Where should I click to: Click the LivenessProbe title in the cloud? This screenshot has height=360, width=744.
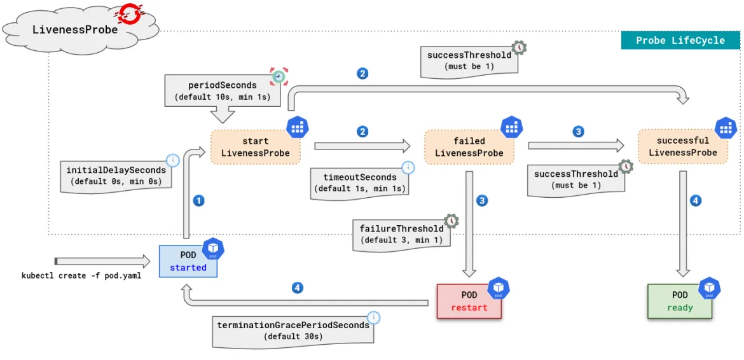pos(75,29)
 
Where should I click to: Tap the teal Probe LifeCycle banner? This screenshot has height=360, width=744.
pos(680,40)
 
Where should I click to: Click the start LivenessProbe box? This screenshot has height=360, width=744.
pos(255,146)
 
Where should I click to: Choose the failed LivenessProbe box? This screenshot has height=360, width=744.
pos(469,146)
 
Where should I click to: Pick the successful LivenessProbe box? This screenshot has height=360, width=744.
pos(683,146)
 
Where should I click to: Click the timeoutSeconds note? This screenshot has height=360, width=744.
pos(360,183)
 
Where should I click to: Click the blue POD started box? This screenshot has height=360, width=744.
pos(188,261)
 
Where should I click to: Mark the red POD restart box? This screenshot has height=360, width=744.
pos(469,301)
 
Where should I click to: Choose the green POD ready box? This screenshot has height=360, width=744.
pos(680,301)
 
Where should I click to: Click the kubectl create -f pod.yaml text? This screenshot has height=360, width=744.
pos(81,276)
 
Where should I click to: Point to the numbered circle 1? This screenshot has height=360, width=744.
pos(198,200)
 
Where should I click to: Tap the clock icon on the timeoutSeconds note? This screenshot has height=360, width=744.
pos(408,167)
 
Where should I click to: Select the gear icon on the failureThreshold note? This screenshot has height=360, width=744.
pos(450,219)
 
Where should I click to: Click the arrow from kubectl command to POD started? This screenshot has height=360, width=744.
pos(102,261)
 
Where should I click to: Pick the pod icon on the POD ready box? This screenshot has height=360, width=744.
pos(710,289)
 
